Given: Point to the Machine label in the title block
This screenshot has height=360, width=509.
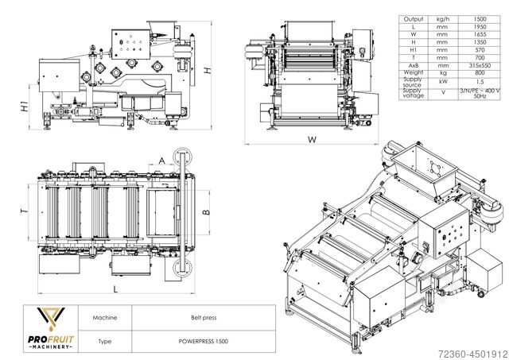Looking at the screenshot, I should click(x=105, y=318).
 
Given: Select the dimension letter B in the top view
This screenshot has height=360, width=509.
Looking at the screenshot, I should click(x=206, y=212).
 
